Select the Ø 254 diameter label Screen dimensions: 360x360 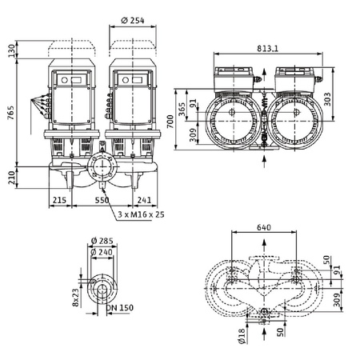tap(134, 20)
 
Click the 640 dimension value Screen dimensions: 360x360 tap(264, 226)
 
